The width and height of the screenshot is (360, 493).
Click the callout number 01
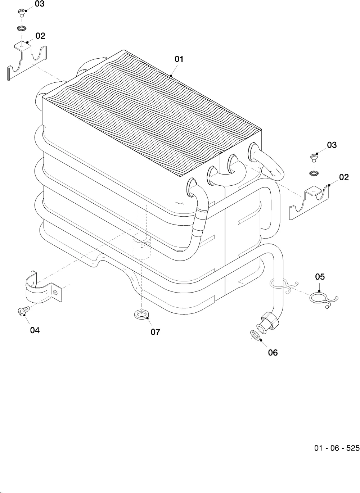click(179, 59)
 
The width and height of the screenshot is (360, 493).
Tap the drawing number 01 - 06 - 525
click(337, 448)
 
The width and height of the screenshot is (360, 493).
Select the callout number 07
click(155, 332)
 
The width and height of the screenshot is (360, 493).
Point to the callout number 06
click(273, 353)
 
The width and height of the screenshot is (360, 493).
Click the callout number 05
click(320, 277)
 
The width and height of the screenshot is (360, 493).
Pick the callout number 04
click(35, 330)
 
